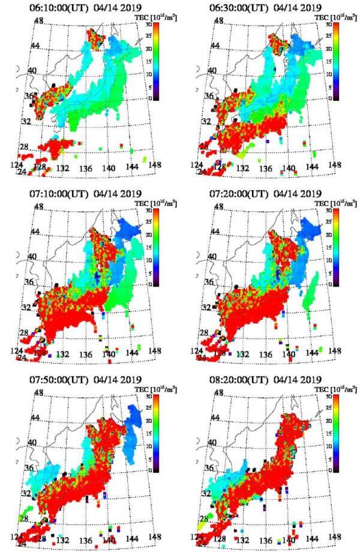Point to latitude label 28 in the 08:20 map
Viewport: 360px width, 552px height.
pyautogui.click(x=204, y=517)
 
